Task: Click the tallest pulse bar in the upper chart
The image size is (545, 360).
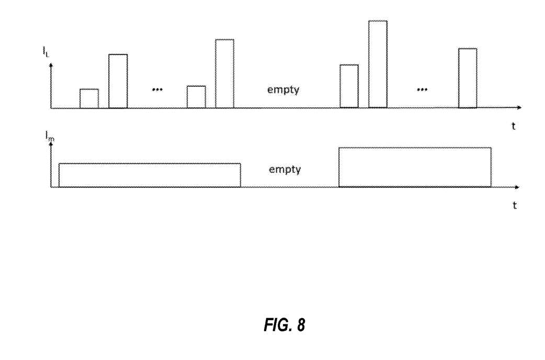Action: [x=378, y=64]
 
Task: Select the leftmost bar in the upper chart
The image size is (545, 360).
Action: [x=89, y=99]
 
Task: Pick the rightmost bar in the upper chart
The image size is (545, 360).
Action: [x=468, y=78]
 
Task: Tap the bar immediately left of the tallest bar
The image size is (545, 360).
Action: [x=349, y=86]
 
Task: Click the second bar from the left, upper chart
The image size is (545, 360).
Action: [x=118, y=81]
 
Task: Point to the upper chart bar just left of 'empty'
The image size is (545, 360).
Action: [x=224, y=74]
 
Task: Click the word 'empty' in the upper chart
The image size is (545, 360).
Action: [x=283, y=89]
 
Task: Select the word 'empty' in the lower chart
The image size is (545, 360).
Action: [x=285, y=170]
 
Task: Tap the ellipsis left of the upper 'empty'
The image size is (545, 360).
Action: [x=157, y=89]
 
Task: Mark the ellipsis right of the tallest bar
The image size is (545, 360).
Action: [x=422, y=89]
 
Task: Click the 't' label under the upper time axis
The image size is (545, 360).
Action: [x=514, y=126]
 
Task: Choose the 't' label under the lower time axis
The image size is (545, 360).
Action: [x=515, y=206]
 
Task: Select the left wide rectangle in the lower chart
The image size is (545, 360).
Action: [x=150, y=175]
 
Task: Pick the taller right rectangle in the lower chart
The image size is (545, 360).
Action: [x=415, y=167]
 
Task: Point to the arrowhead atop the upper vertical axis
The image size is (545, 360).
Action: [x=51, y=65]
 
